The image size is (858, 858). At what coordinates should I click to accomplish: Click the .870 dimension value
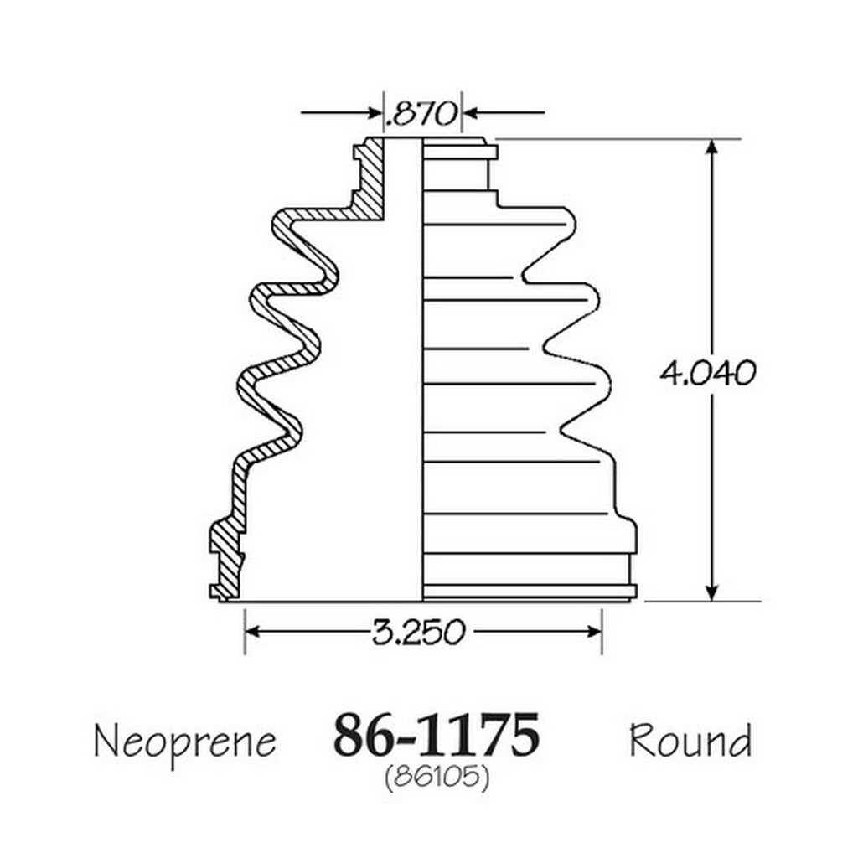click(x=421, y=114)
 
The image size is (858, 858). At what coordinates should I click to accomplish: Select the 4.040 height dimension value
click(x=707, y=374)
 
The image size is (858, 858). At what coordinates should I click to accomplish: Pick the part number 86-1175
click(x=437, y=735)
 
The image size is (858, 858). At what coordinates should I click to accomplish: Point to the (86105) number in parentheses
click(x=437, y=777)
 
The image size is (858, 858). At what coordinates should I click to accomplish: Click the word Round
click(x=690, y=740)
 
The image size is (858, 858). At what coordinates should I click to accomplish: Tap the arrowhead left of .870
click(x=375, y=113)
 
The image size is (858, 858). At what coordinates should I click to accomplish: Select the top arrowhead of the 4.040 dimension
click(x=711, y=148)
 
